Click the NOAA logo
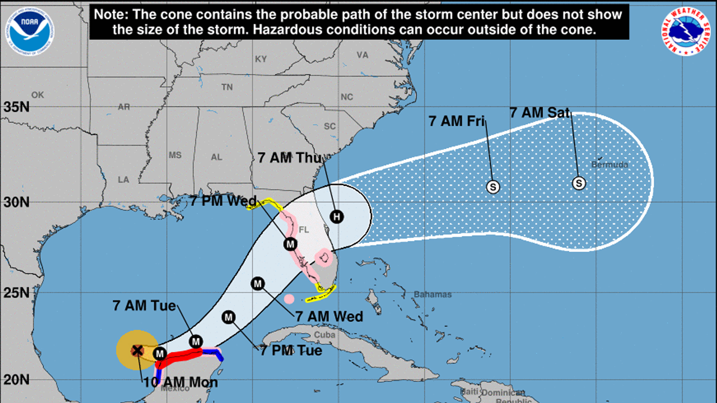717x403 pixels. pos(30,31)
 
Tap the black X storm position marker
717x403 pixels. pos(137,350)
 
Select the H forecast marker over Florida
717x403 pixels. pos(337,216)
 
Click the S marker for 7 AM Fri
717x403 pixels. pos(493,187)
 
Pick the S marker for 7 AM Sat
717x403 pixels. pos(579,183)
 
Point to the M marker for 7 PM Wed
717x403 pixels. pos(290,244)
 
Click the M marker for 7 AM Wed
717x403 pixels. pos(258,284)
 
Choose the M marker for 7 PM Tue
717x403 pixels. pos(229,318)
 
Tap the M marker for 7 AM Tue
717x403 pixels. pos(196,341)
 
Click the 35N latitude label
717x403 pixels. pos(16,107)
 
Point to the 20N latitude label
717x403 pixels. pos(16,380)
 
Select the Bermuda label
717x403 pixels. pos(609,165)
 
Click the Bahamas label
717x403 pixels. pos(432,294)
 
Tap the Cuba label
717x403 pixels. pos(324,335)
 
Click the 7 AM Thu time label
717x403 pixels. pos(290,158)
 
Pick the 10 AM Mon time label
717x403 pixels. pos(180,382)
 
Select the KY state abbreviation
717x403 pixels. pos(261,59)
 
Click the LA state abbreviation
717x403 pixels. pos(123,179)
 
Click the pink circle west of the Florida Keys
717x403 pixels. pos(289,299)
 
